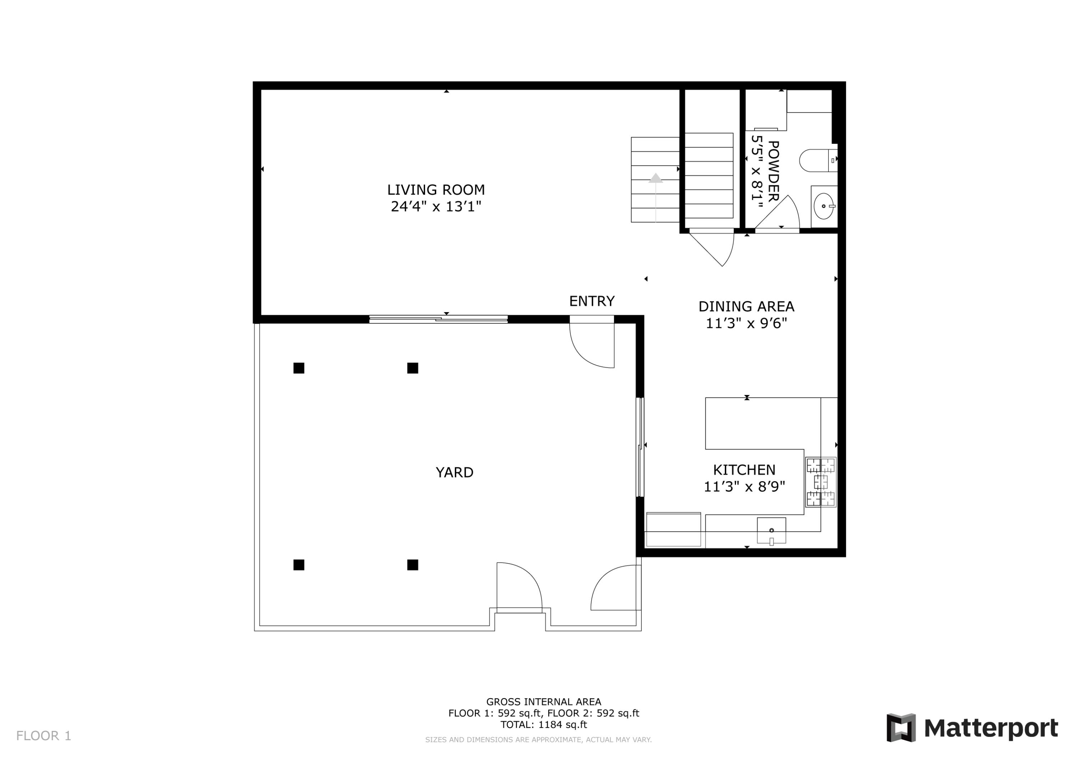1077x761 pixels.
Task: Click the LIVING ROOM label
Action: tap(436, 190)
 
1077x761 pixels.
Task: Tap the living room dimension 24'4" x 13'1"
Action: tap(436, 207)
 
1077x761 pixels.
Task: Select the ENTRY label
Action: tap(592, 301)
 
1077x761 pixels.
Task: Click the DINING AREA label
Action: tap(746, 307)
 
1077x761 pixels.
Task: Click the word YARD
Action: tap(454, 472)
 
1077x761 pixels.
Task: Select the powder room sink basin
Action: tap(823, 206)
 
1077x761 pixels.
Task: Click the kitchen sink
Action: tap(771, 531)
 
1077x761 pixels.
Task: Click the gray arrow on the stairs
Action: tap(655, 178)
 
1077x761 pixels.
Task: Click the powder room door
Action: tap(779, 213)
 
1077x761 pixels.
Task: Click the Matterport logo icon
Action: tap(901, 728)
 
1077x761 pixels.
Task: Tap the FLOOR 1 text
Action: tap(44, 736)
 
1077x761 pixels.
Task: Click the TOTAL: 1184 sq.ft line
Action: tap(543, 724)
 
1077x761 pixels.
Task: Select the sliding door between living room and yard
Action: tap(438, 319)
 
